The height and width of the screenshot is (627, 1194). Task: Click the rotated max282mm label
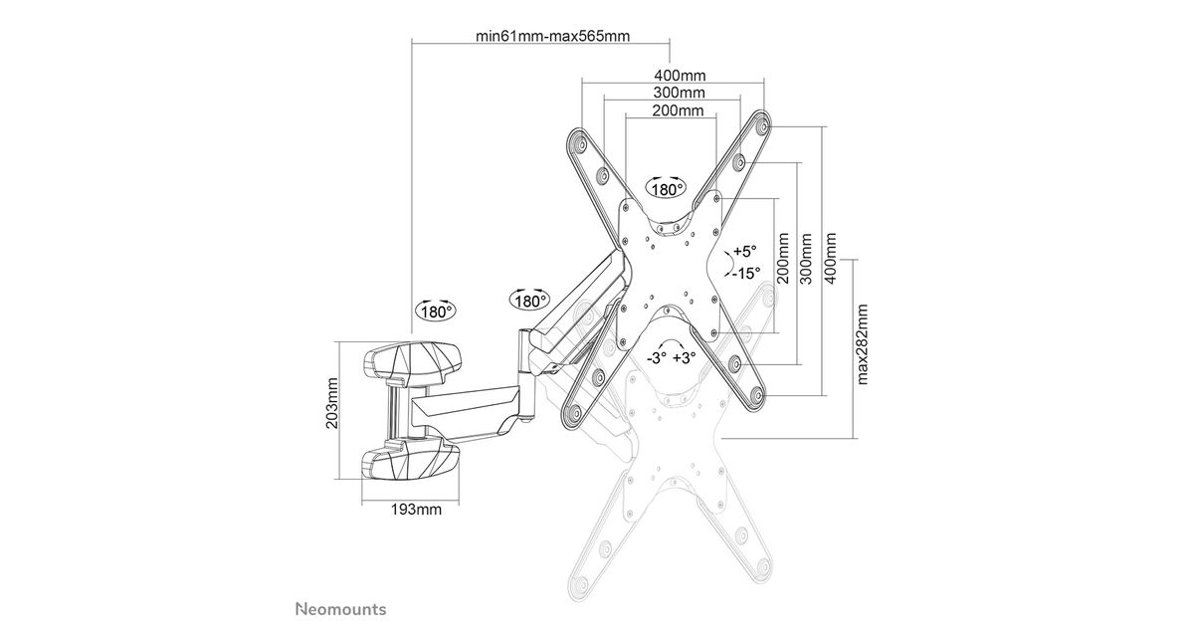pos(863,343)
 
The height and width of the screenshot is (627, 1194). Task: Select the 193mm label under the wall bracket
pos(415,511)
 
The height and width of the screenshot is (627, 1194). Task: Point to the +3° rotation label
pos(685,358)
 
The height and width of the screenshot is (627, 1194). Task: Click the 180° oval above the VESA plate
pos(667,188)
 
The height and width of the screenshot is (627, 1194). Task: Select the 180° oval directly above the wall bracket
pos(435,311)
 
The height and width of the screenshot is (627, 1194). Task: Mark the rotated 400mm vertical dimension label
pos(832,258)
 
